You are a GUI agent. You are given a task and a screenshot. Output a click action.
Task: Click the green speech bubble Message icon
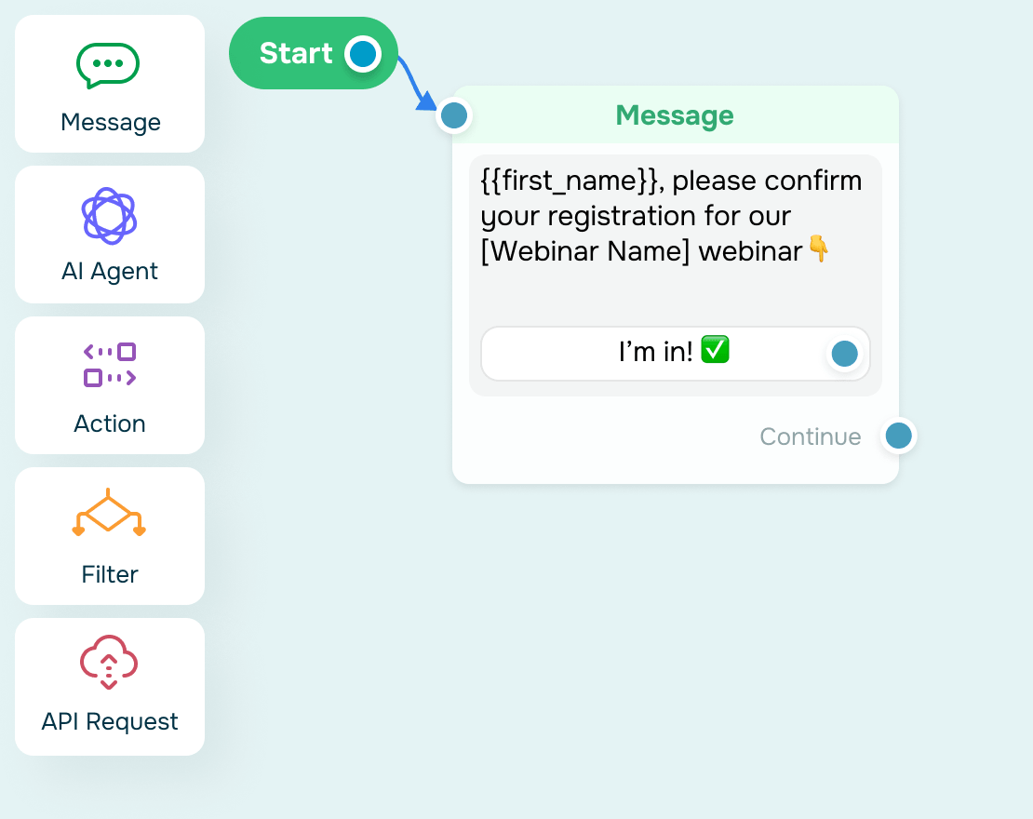pos(108,65)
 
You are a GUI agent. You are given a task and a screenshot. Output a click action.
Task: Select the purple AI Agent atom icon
pos(110,216)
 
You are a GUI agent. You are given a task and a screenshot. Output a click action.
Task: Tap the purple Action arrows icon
pos(110,365)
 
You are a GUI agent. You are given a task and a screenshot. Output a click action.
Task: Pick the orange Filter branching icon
pos(109,514)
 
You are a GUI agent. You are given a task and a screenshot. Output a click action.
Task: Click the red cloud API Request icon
pos(110,662)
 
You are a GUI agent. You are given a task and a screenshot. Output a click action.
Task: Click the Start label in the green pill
pos(296,53)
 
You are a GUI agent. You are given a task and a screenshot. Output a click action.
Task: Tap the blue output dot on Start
pos(362,54)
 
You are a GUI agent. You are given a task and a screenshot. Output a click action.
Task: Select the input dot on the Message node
pos(454,116)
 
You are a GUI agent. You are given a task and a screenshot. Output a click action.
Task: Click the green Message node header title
pos(675,115)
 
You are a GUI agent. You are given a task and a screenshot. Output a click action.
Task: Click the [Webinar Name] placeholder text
pos(585,251)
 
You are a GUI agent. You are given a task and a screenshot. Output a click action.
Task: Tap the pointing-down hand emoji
pos(819,248)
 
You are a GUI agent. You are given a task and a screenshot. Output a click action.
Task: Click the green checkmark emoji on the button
pos(715,349)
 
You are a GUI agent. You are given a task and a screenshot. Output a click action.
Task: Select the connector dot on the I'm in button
pos(845,354)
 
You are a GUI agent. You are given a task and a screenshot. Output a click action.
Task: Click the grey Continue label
pos(811,436)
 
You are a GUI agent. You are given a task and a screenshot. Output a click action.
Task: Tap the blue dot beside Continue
pos(899,436)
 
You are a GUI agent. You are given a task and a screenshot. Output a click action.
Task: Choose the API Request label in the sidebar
pos(110,721)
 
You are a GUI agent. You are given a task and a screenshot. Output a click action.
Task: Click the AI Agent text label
pos(110,271)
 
